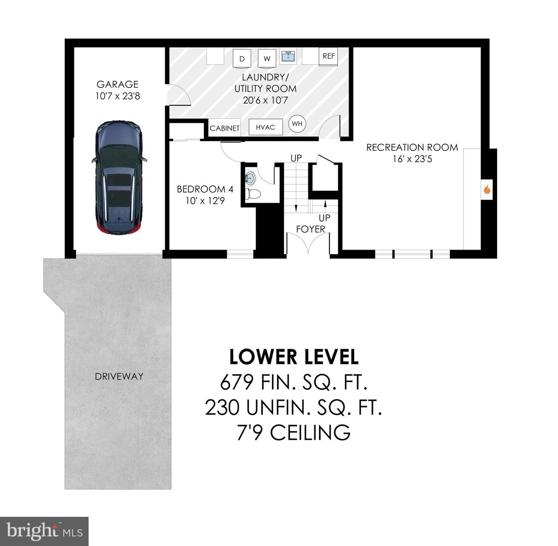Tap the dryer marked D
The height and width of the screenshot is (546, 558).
(x=242, y=59)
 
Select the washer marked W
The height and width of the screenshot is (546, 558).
(x=267, y=59)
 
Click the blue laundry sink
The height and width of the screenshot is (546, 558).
(x=288, y=57)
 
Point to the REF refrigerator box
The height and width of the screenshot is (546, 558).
(x=328, y=56)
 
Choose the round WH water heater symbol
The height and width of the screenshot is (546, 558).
(x=297, y=124)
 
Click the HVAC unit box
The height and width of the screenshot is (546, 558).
(x=265, y=127)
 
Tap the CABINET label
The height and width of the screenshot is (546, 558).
(x=224, y=128)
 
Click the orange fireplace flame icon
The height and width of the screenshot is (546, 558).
(x=487, y=190)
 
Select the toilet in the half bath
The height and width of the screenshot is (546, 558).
(x=254, y=194)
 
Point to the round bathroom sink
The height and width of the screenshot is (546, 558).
(x=251, y=178)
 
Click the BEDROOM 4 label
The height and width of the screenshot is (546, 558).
(x=205, y=189)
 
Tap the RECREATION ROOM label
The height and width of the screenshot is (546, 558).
(x=412, y=148)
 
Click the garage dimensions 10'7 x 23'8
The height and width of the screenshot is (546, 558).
(x=118, y=96)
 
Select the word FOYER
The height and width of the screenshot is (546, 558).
(x=310, y=229)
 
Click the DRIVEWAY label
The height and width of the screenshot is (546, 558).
(x=119, y=376)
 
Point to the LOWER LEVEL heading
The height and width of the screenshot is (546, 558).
(x=294, y=357)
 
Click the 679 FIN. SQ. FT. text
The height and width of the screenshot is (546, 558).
(x=294, y=382)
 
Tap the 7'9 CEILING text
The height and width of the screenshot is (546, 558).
(x=294, y=433)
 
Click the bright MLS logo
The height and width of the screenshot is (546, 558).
(x=44, y=531)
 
